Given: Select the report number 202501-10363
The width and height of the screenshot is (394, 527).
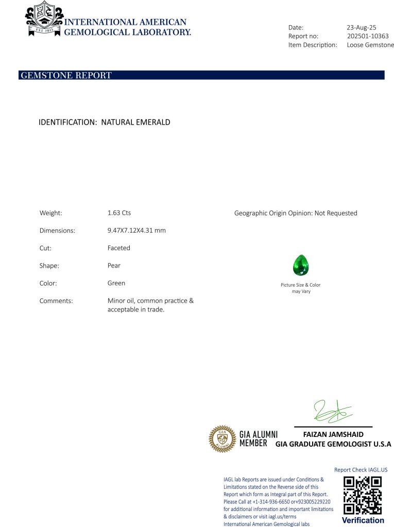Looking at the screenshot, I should point(368,36).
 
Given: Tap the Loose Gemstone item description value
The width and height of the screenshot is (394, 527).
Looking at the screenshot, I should point(370,45).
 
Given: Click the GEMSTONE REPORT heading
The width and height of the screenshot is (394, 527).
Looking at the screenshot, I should point(65,76).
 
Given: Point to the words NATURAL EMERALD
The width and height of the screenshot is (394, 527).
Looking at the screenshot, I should point(135,122).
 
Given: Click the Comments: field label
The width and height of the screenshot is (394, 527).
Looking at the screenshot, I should point(56,301).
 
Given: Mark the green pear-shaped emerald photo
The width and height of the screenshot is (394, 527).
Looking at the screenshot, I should point(301,266).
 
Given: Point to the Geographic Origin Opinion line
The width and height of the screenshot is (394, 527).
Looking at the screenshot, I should point(295,213).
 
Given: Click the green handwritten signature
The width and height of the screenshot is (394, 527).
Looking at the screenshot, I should point(332,412).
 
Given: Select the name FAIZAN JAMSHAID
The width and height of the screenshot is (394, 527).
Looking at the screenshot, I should point(333,434).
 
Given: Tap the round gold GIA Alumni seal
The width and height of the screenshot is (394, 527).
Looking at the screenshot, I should point(222,438).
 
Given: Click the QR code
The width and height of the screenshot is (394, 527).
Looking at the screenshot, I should point(363,495).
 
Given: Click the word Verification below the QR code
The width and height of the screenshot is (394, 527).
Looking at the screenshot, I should point(363,520).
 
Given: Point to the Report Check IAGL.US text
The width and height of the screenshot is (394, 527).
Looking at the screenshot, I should point(361,470).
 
